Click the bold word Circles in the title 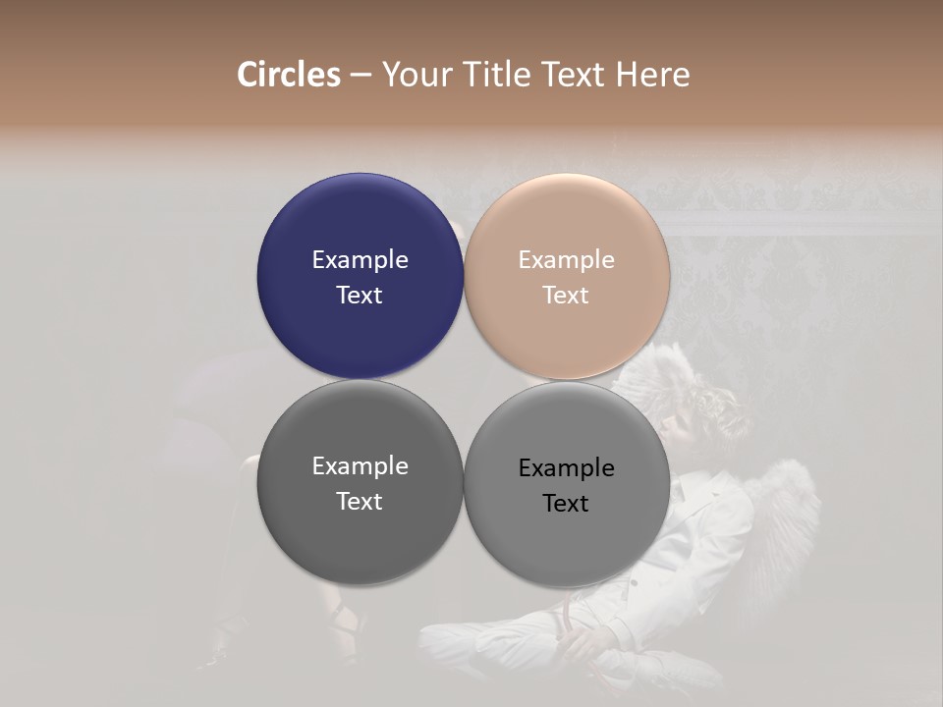point(289,75)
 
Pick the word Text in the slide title point(577,75)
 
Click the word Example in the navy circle point(360,260)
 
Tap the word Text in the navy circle point(360,296)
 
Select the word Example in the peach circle point(566,260)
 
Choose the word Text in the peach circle point(566,296)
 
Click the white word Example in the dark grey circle point(360,466)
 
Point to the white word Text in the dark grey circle point(360,502)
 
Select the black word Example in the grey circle point(566,468)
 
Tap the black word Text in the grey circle point(566,504)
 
